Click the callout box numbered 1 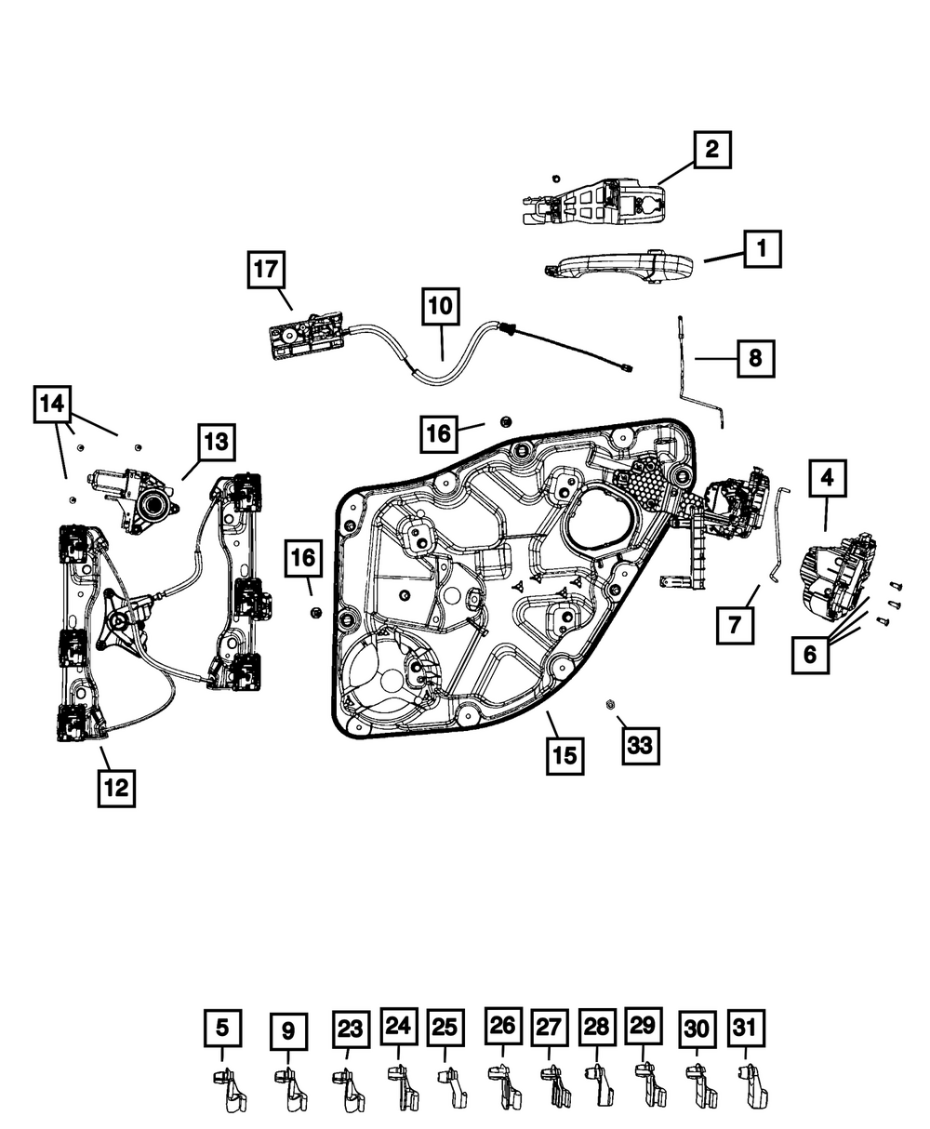(x=761, y=249)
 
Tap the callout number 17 (x=266, y=271)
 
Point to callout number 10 (x=441, y=306)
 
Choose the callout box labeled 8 (x=755, y=357)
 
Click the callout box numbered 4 (x=827, y=479)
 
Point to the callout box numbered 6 (x=810, y=654)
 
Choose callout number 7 (x=735, y=624)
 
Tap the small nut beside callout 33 (x=611, y=704)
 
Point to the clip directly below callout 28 (x=598, y=1084)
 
